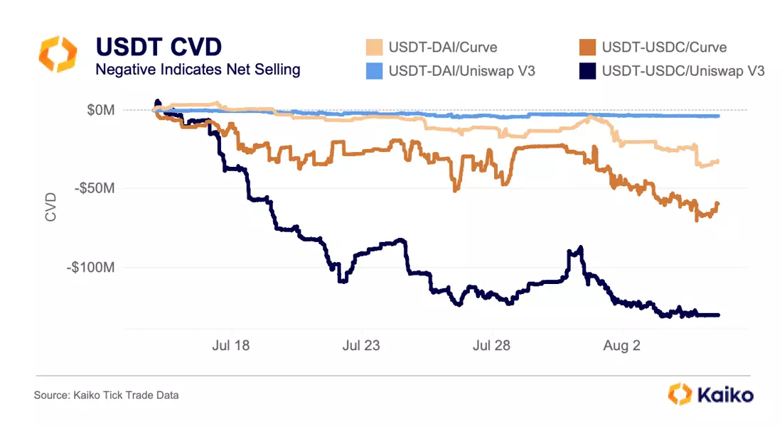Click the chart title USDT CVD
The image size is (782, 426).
click(159, 47)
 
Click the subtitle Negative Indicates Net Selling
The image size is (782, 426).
click(198, 70)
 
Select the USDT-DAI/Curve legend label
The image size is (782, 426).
click(443, 48)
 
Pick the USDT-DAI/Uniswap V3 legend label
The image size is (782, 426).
click(461, 71)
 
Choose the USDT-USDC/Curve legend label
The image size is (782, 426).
click(664, 48)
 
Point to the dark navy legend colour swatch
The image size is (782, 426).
click(586, 71)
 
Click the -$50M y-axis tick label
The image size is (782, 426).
click(96, 190)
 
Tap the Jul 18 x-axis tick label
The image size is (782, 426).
click(231, 346)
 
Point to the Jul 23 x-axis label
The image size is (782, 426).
click(361, 346)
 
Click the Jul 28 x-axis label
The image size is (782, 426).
click(491, 346)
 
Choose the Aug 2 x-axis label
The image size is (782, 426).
click(622, 346)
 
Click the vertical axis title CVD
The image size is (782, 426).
click(50, 206)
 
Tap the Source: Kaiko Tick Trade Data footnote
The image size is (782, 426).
click(106, 395)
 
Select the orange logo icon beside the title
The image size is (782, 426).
click(57, 55)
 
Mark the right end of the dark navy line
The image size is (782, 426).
click(719, 315)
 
